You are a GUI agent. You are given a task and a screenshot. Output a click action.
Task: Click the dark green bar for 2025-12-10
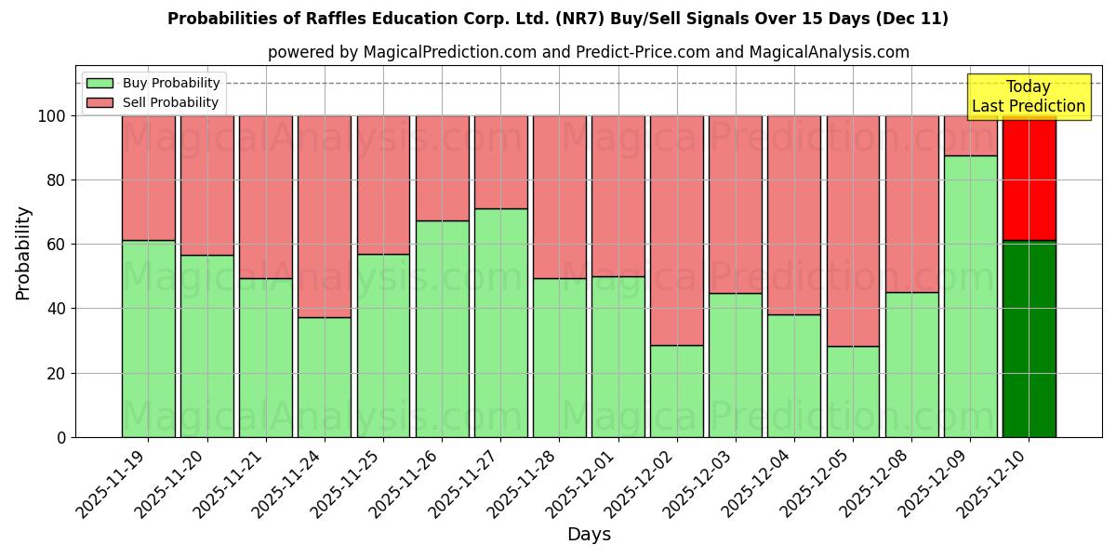point(1029,339)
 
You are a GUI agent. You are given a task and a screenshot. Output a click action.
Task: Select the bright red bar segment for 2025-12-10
point(1029,178)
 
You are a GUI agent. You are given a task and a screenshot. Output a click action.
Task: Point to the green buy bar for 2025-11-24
point(325,377)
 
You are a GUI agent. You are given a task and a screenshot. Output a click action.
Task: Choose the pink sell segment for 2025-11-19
point(148,178)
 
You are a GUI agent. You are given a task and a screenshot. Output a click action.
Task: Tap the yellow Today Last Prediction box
point(1028,97)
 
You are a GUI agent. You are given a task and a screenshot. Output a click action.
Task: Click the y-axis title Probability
point(23,252)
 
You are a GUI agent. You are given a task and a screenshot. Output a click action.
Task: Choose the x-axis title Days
point(589,535)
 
